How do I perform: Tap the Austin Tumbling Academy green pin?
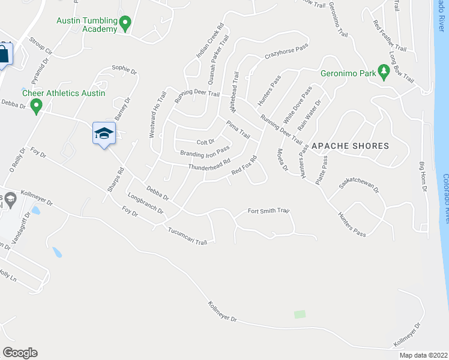[x=125, y=24]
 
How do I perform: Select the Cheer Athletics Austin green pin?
[x=36, y=107]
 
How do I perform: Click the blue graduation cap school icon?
[x=103, y=133]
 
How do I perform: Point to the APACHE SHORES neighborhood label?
[x=350, y=146]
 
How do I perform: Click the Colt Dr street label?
[x=206, y=142]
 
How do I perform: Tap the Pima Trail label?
[x=238, y=130]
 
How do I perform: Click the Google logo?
[x=20, y=353]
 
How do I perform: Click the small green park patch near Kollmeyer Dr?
[x=300, y=314]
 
